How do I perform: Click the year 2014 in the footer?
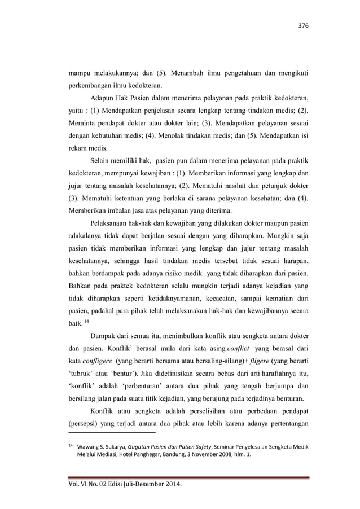174,488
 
